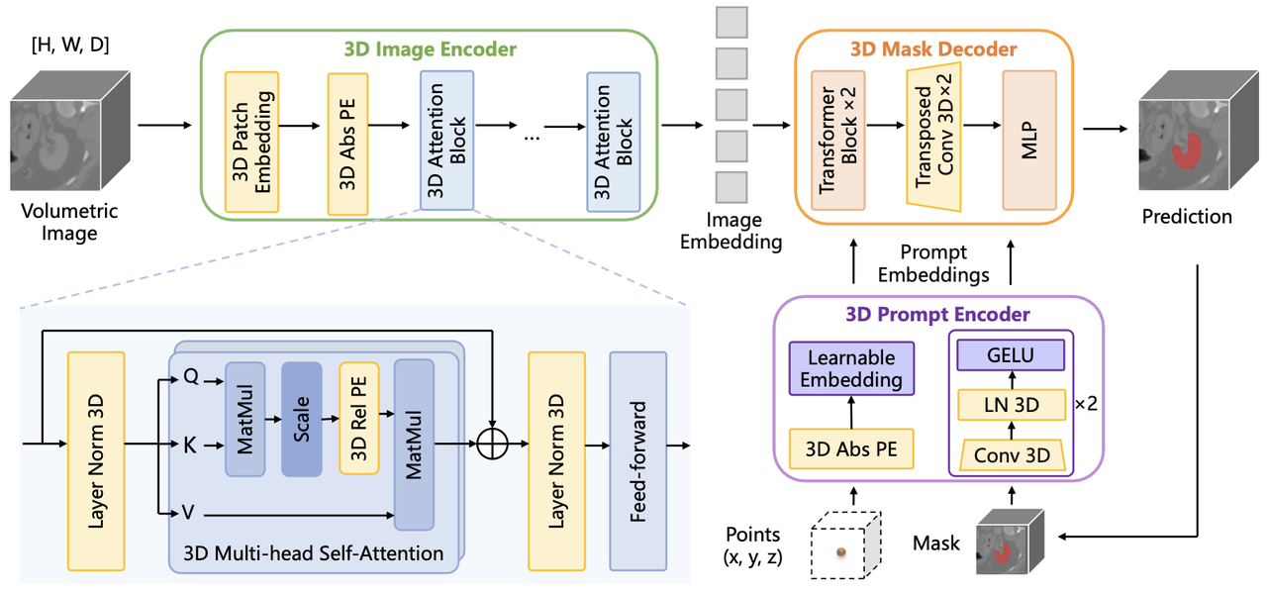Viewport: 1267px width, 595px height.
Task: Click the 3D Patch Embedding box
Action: [x=251, y=142]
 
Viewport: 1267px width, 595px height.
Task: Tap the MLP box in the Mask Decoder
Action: [x=1028, y=140]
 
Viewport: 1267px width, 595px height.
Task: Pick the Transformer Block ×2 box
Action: [x=837, y=140]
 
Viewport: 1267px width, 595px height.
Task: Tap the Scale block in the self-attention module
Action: [x=302, y=419]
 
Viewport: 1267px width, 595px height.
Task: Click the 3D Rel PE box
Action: [x=359, y=419]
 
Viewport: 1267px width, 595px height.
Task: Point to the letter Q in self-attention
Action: [x=190, y=378]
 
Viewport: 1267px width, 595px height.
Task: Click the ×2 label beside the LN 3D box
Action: [x=1085, y=406]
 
